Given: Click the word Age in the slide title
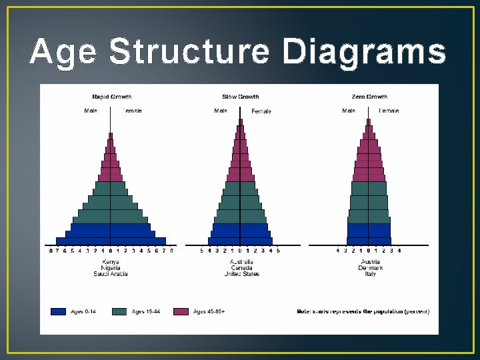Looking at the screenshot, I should click(x=63, y=52).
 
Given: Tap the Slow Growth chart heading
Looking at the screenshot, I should click(x=241, y=97).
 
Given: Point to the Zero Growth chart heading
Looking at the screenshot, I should click(x=369, y=97).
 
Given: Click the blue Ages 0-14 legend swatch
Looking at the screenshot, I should click(x=59, y=311).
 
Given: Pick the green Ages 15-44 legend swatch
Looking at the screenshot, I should click(x=119, y=311).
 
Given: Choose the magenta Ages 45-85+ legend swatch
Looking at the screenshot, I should click(x=181, y=311).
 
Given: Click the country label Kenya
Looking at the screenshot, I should click(x=110, y=262).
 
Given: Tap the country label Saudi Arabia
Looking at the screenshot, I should click(x=110, y=274).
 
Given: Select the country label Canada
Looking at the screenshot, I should click(x=241, y=268).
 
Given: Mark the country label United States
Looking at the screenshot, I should click(x=241, y=274).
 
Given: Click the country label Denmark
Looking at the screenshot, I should click(x=370, y=268).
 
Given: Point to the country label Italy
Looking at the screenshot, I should click(x=370, y=274).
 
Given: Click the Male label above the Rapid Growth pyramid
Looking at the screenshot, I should click(x=91, y=111).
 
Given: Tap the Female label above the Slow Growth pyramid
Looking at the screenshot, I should click(x=261, y=111).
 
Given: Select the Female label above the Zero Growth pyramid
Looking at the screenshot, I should click(x=389, y=111).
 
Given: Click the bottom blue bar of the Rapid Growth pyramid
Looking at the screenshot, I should click(x=110, y=241).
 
